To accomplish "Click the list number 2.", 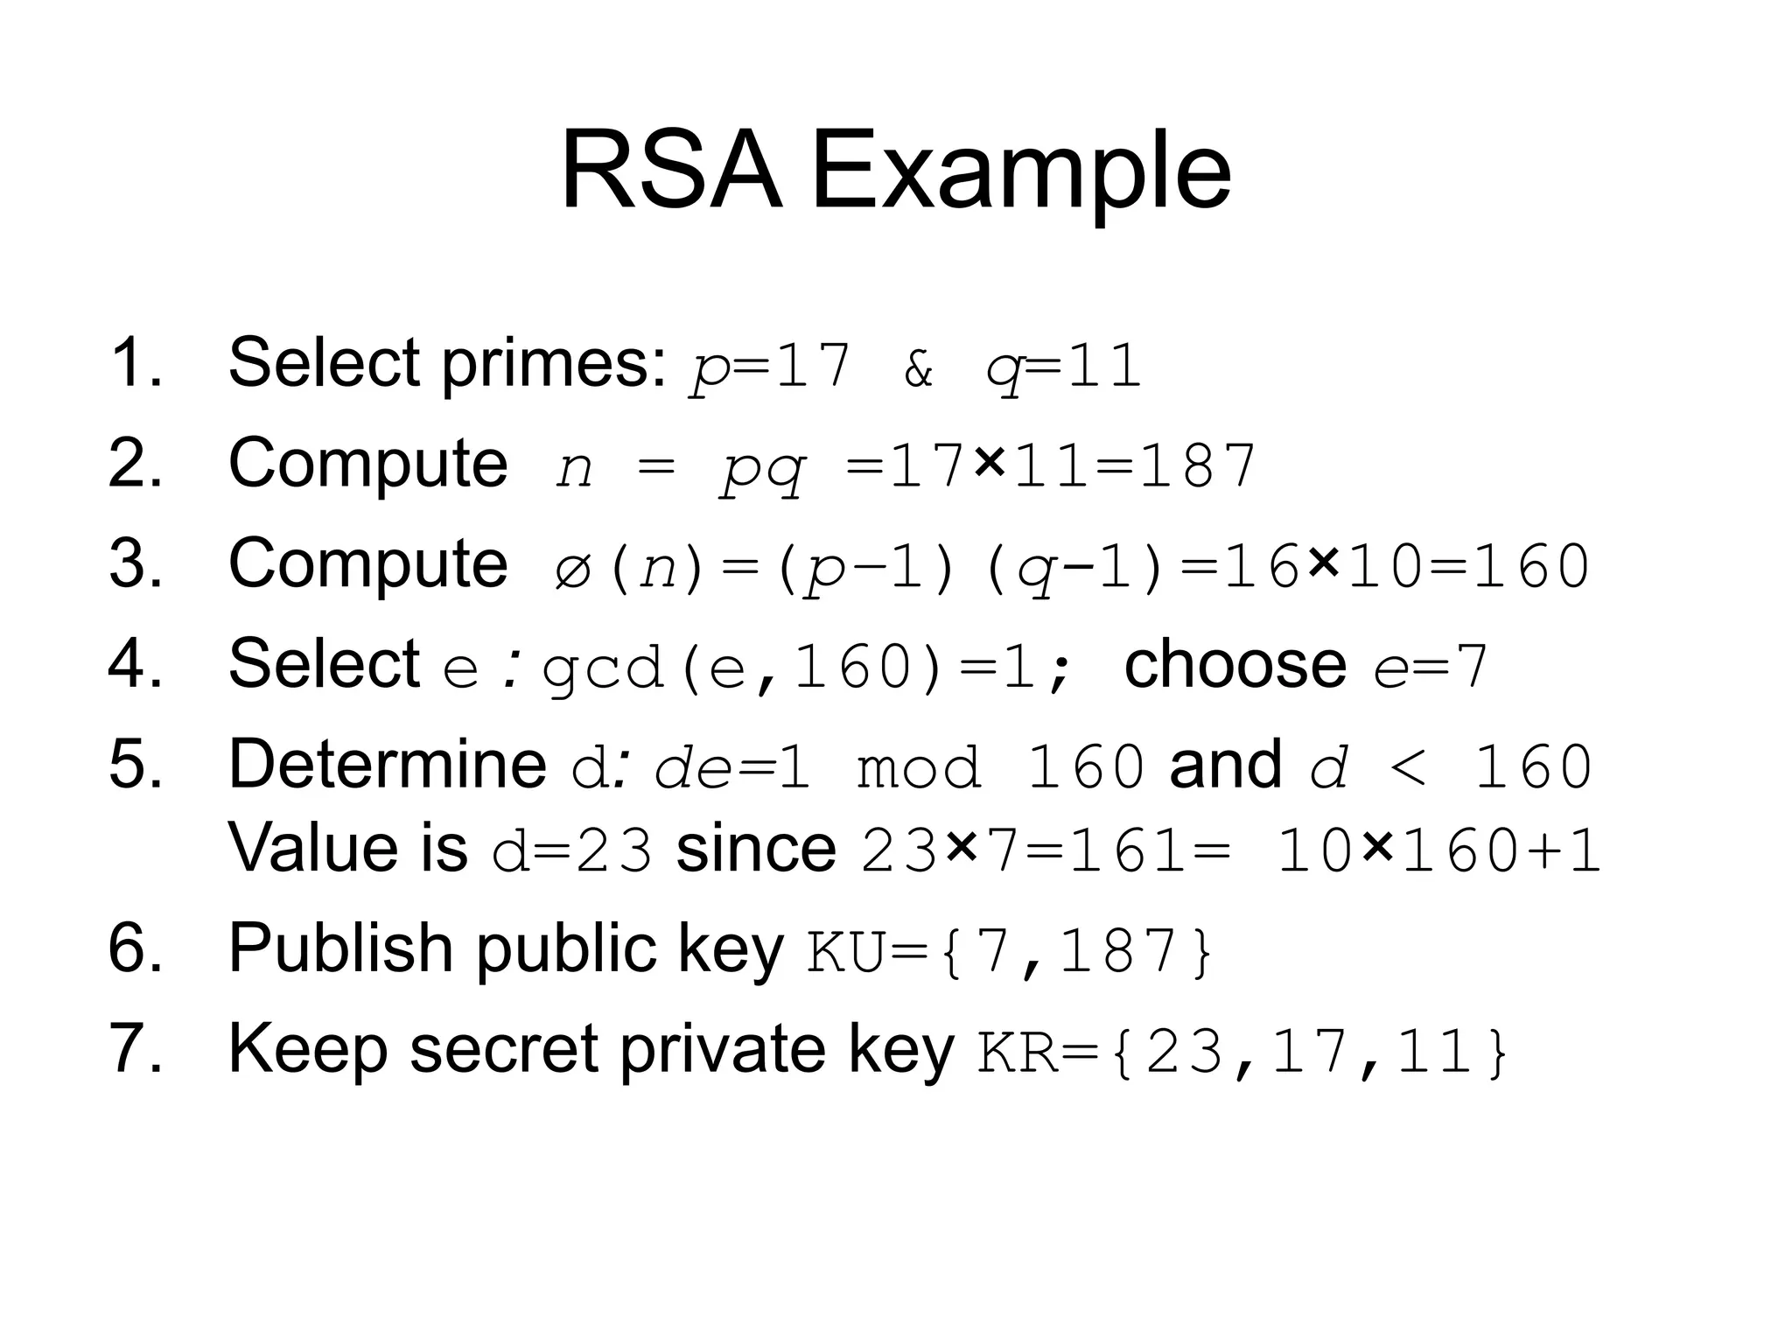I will (136, 463).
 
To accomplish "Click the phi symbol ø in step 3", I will (574, 569).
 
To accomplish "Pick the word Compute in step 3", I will (367, 563).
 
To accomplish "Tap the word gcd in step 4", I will (602, 668).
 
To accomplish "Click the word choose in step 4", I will (1235, 664).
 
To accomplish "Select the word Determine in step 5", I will (387, 764).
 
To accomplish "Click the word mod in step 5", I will (919, 768).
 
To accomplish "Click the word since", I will (756, 848).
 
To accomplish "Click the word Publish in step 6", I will (340, 948).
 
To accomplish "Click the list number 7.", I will (136, 1049).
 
